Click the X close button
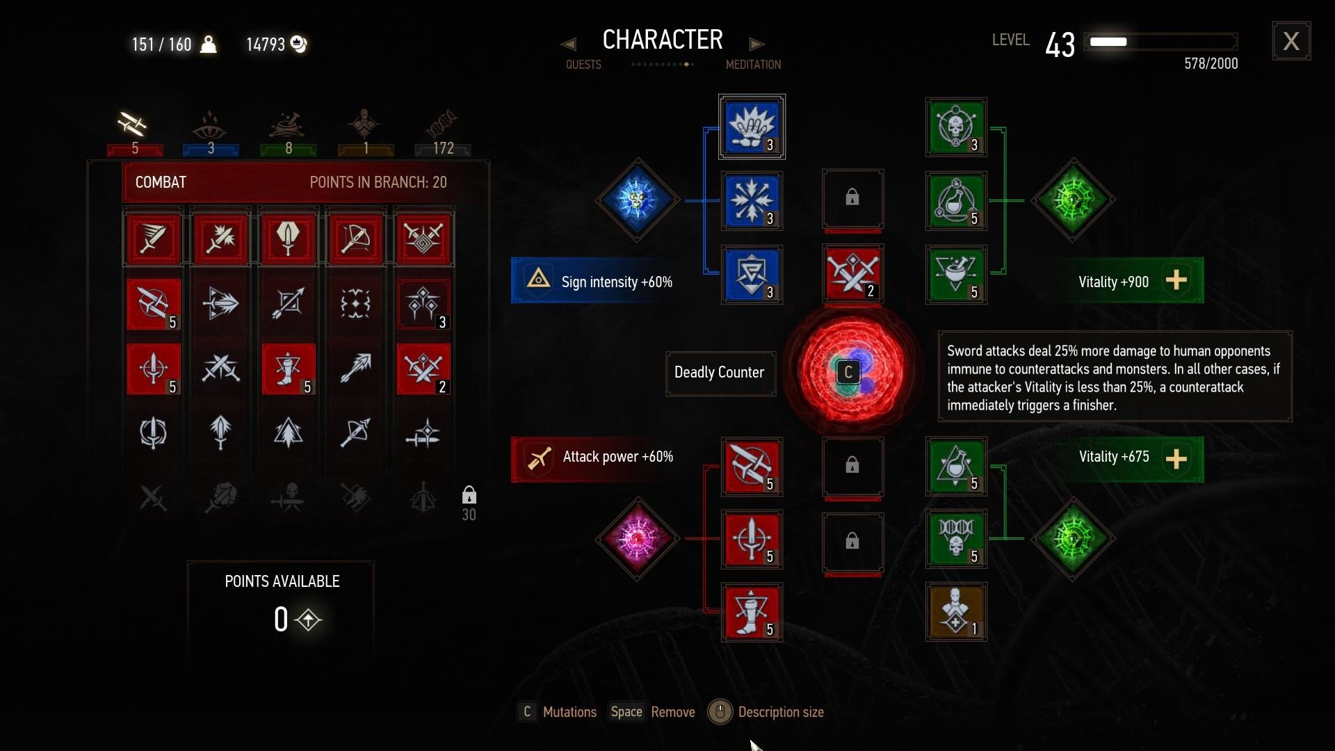pyautogui.click(x=1291, y=41)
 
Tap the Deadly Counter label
pyautogui.click(x=720, y=373)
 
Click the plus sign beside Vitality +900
pyautogui.click(x=1176, y=280)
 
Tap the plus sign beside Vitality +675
pyautogui.click(x=1176, y=458)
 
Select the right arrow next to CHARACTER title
pyautogui.click(x=756, y=44)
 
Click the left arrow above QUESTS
pyautogui.click(x=568, y=44)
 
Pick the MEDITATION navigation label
pyautogui.click(x=753, y=65)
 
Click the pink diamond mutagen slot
pyautogui.click(x=637, y=538)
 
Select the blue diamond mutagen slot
pyautogui.click(x=637, y=200)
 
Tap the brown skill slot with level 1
pyautogui.click(x=956, y=612)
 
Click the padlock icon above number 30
pyautogui.click(x=469, y=495)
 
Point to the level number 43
pyautogui.click(x=1060, y=45)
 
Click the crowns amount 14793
pyautogui.click(x=266, y=45)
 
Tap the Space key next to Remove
pyautogui.click(x=626, y=711)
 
